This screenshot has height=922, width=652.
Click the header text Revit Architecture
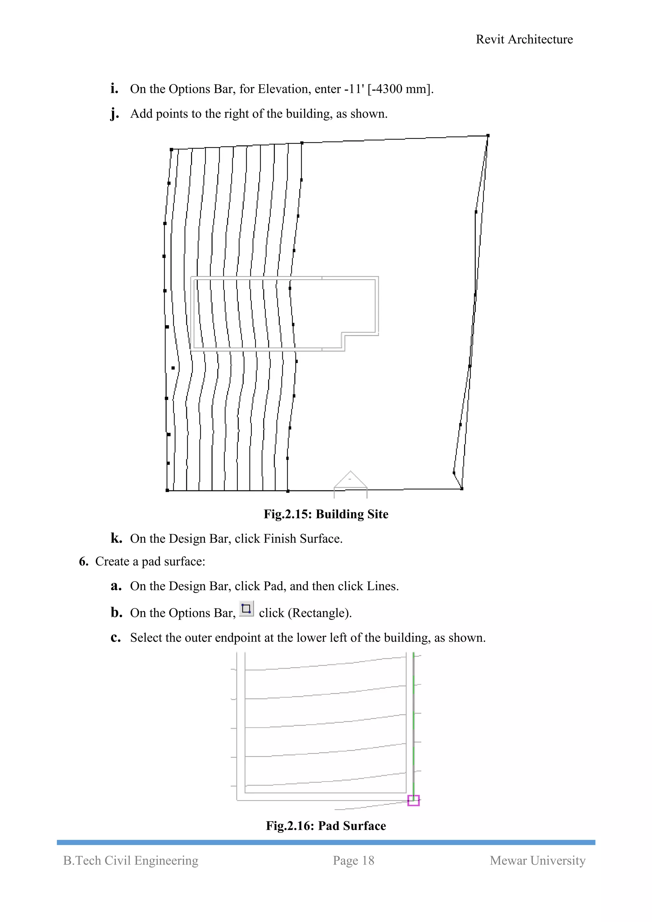tap(524, 39)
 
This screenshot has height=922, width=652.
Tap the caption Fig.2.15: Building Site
tap(326, 514)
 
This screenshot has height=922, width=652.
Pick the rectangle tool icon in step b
tap(246, 609)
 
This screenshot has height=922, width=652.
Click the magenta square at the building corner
tap(413, 800)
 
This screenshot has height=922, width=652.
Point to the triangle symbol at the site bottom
tap(350, 480)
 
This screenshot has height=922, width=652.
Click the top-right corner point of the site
tap(488, 136)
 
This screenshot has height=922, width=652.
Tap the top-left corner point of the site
tap(171, 149)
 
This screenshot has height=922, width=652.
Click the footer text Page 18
tap(353, 860)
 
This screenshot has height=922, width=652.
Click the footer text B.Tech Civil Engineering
tap(131, 860)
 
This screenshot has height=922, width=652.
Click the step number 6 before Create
tap(83, 561)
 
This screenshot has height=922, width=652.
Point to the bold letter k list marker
tap(116, 538)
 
